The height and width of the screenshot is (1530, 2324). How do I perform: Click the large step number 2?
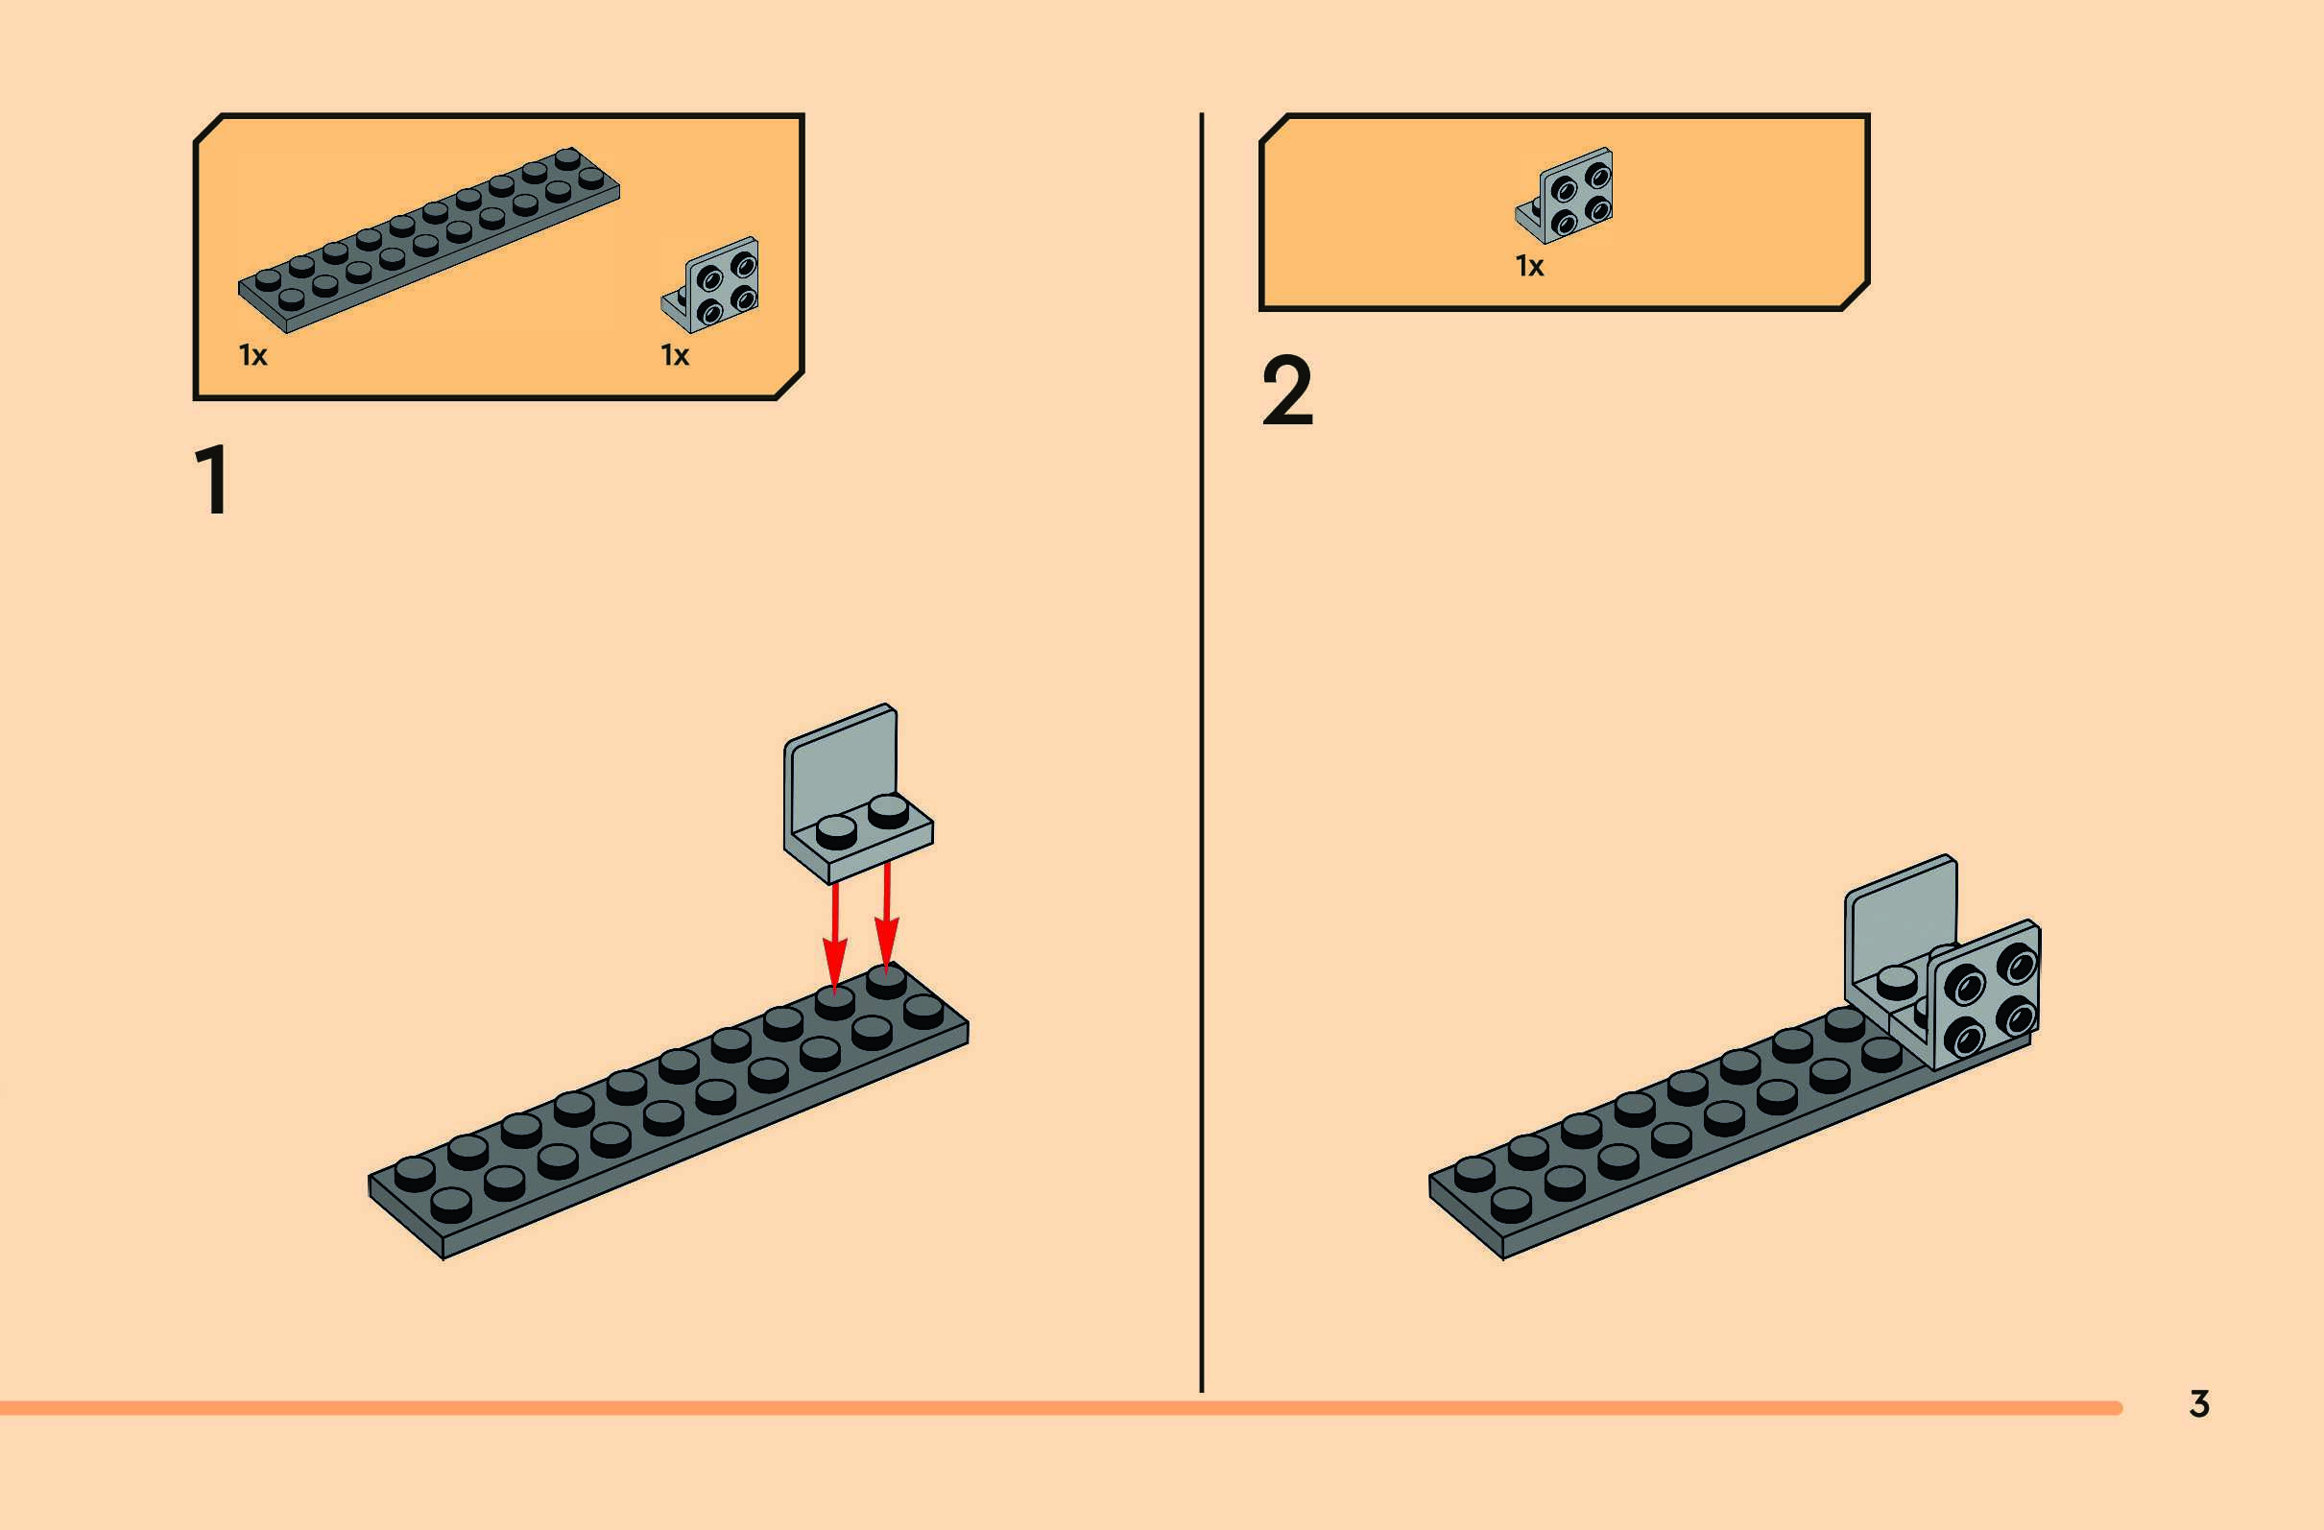1287,392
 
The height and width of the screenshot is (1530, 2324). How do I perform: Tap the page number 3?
2199,1403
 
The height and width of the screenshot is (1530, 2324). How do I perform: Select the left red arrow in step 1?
834,939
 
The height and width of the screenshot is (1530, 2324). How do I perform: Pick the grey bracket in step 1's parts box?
712,284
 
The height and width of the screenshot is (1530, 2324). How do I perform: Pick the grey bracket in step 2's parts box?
1567,195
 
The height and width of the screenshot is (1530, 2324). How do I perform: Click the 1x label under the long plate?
252,355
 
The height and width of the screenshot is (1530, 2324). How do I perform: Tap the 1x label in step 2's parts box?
1529,266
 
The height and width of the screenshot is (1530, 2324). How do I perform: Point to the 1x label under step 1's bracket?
675,355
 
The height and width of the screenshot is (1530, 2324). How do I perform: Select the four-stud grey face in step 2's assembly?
1986,995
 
